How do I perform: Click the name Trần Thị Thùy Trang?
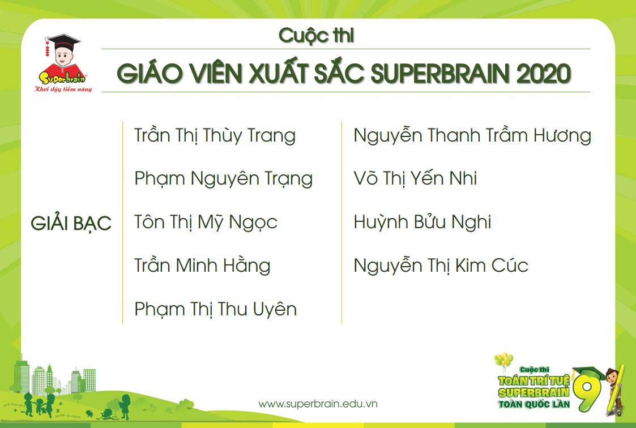215,136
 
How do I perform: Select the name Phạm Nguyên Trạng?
223,179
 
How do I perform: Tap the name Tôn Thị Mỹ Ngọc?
206,222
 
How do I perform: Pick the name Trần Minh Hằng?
202,266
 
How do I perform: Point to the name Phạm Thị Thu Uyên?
215,309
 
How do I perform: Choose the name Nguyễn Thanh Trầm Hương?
472,136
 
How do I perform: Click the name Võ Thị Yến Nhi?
415,179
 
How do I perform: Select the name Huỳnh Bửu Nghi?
422,222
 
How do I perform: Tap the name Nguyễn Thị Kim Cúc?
441,266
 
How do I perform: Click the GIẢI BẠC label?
71,224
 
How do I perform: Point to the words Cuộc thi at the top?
316,36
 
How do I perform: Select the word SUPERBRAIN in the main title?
428,74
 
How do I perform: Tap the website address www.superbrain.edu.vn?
318,404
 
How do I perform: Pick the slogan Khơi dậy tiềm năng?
63,89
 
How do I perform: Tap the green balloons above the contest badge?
503,361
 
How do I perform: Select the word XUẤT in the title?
258,74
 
